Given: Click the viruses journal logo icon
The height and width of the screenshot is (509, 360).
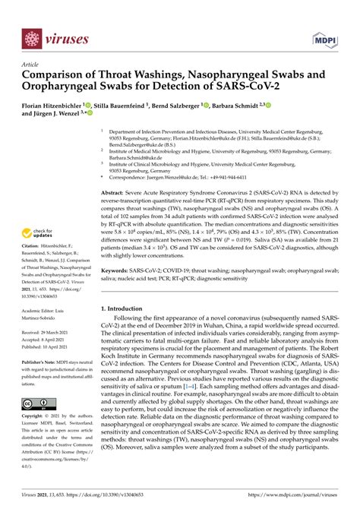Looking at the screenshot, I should pos(31,36).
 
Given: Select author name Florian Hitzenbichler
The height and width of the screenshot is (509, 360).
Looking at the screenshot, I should pos(58,106).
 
